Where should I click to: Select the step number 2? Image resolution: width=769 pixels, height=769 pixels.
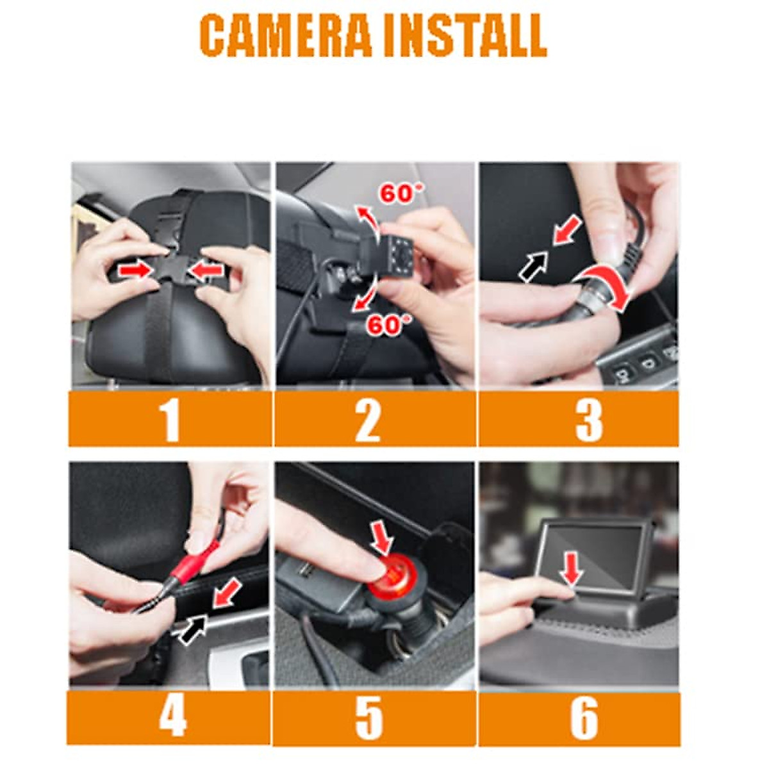tap(368, 419)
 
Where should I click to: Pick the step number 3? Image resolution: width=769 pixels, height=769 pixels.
tap(588, 419)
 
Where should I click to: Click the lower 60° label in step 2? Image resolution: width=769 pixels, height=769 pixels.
tap(384, 326)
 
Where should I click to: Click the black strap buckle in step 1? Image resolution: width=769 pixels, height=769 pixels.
tap(172, 269)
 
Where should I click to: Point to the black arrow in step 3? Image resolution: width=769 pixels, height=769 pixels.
tap(534, 264)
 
